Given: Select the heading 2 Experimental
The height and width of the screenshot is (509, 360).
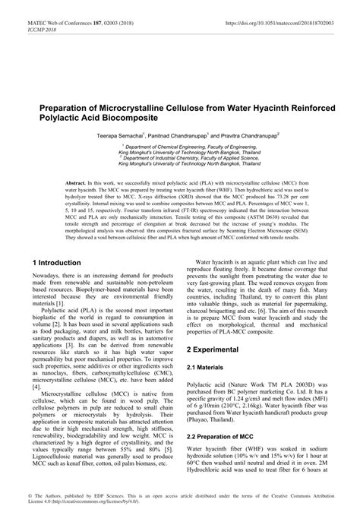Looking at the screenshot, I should pos(213,350).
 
